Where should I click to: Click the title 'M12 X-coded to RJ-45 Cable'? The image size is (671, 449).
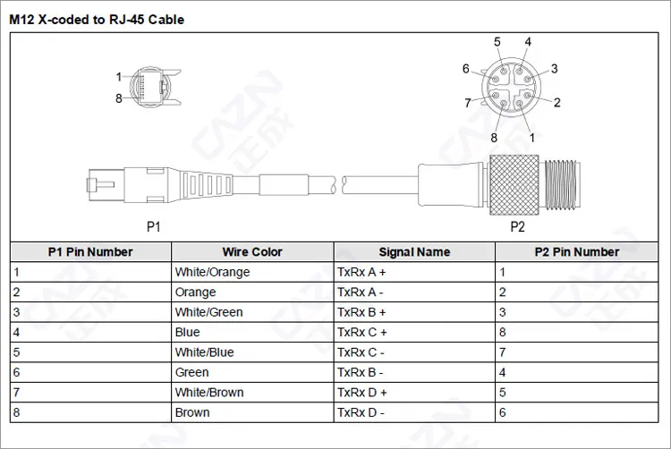(x=97, y=19)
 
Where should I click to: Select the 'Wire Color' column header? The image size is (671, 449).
(x=252, y=252)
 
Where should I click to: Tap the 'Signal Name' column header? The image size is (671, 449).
(x=414, y=252)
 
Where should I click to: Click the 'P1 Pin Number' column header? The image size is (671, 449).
(x=90, y=252)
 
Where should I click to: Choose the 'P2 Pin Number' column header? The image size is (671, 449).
(x=576, y=252)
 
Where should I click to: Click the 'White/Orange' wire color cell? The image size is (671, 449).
(x=213, y=272)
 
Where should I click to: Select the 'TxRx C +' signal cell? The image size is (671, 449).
(x=361, y=333)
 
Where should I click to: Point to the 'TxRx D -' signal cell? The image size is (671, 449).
(x=361, y=413)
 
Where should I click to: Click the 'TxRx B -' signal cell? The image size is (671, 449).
(x=361, y=373)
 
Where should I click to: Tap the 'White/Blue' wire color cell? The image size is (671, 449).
(x=205, y=352)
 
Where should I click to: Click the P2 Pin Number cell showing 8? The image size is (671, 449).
(x=503, y=333)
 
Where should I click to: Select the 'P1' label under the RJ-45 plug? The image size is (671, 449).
(x=153, y=227)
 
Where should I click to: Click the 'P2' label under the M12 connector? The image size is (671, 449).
(x=517, y=227)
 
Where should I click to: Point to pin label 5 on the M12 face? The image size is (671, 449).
(x=497, y=42)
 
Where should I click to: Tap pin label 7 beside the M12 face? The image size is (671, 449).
(x=467, y=103)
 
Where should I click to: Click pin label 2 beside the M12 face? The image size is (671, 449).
(x=556, y=103)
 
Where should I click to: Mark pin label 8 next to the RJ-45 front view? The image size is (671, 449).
(x=118, y=98)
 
